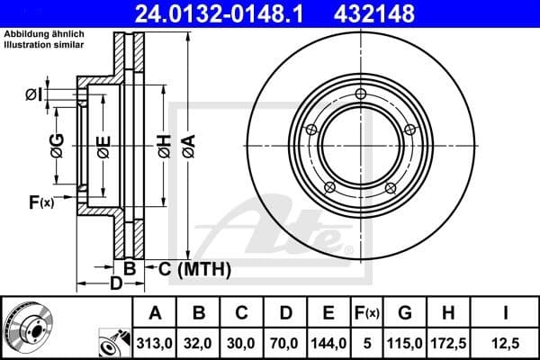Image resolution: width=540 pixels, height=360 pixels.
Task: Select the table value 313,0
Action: click(x=155, y=342)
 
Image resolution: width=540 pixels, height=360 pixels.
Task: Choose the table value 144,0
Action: click(x=328, y=342)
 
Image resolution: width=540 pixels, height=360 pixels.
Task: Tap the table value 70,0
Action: click(x=285, y=342)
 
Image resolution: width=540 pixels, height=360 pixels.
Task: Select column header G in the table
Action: click(x=405, y=313)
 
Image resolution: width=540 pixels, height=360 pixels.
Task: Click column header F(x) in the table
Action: click(x=367, y=313)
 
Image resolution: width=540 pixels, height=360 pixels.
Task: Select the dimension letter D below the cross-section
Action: click(x=116, y=283)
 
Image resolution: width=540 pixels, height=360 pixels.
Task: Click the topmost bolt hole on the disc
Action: click(x=361, y=95)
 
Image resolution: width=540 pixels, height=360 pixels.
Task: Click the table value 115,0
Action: click(x=405, y=342)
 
